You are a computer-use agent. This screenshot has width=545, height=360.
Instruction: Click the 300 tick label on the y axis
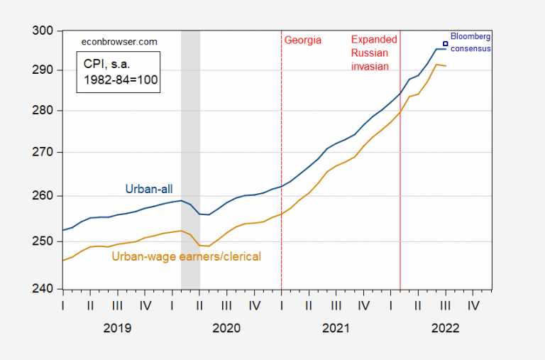pos(45,31)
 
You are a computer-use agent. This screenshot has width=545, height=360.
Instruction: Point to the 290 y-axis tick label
pos(45,70)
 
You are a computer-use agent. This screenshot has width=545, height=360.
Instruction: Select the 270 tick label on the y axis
pos(45,153)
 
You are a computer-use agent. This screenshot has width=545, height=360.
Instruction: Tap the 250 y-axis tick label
pos(45,241)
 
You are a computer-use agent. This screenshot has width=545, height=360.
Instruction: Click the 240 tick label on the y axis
pos(45,289)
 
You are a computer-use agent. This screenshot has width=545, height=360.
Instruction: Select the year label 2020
pos(226,329)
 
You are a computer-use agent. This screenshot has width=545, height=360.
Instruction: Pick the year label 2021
pos(336,329)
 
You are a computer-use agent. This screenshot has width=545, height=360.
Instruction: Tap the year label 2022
pos(445,329)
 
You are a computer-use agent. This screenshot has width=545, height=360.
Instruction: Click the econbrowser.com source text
pos(117,43)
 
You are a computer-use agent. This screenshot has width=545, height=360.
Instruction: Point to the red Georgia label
pos(303,40)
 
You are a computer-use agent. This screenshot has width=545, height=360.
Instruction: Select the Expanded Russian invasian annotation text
pos(374,53)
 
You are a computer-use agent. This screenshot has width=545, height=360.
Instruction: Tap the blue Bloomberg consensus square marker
pos(446,43)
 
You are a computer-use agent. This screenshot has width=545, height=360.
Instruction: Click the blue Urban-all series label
pos(149,189)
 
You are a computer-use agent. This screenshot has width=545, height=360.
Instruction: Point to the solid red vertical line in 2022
pos(400,178)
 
